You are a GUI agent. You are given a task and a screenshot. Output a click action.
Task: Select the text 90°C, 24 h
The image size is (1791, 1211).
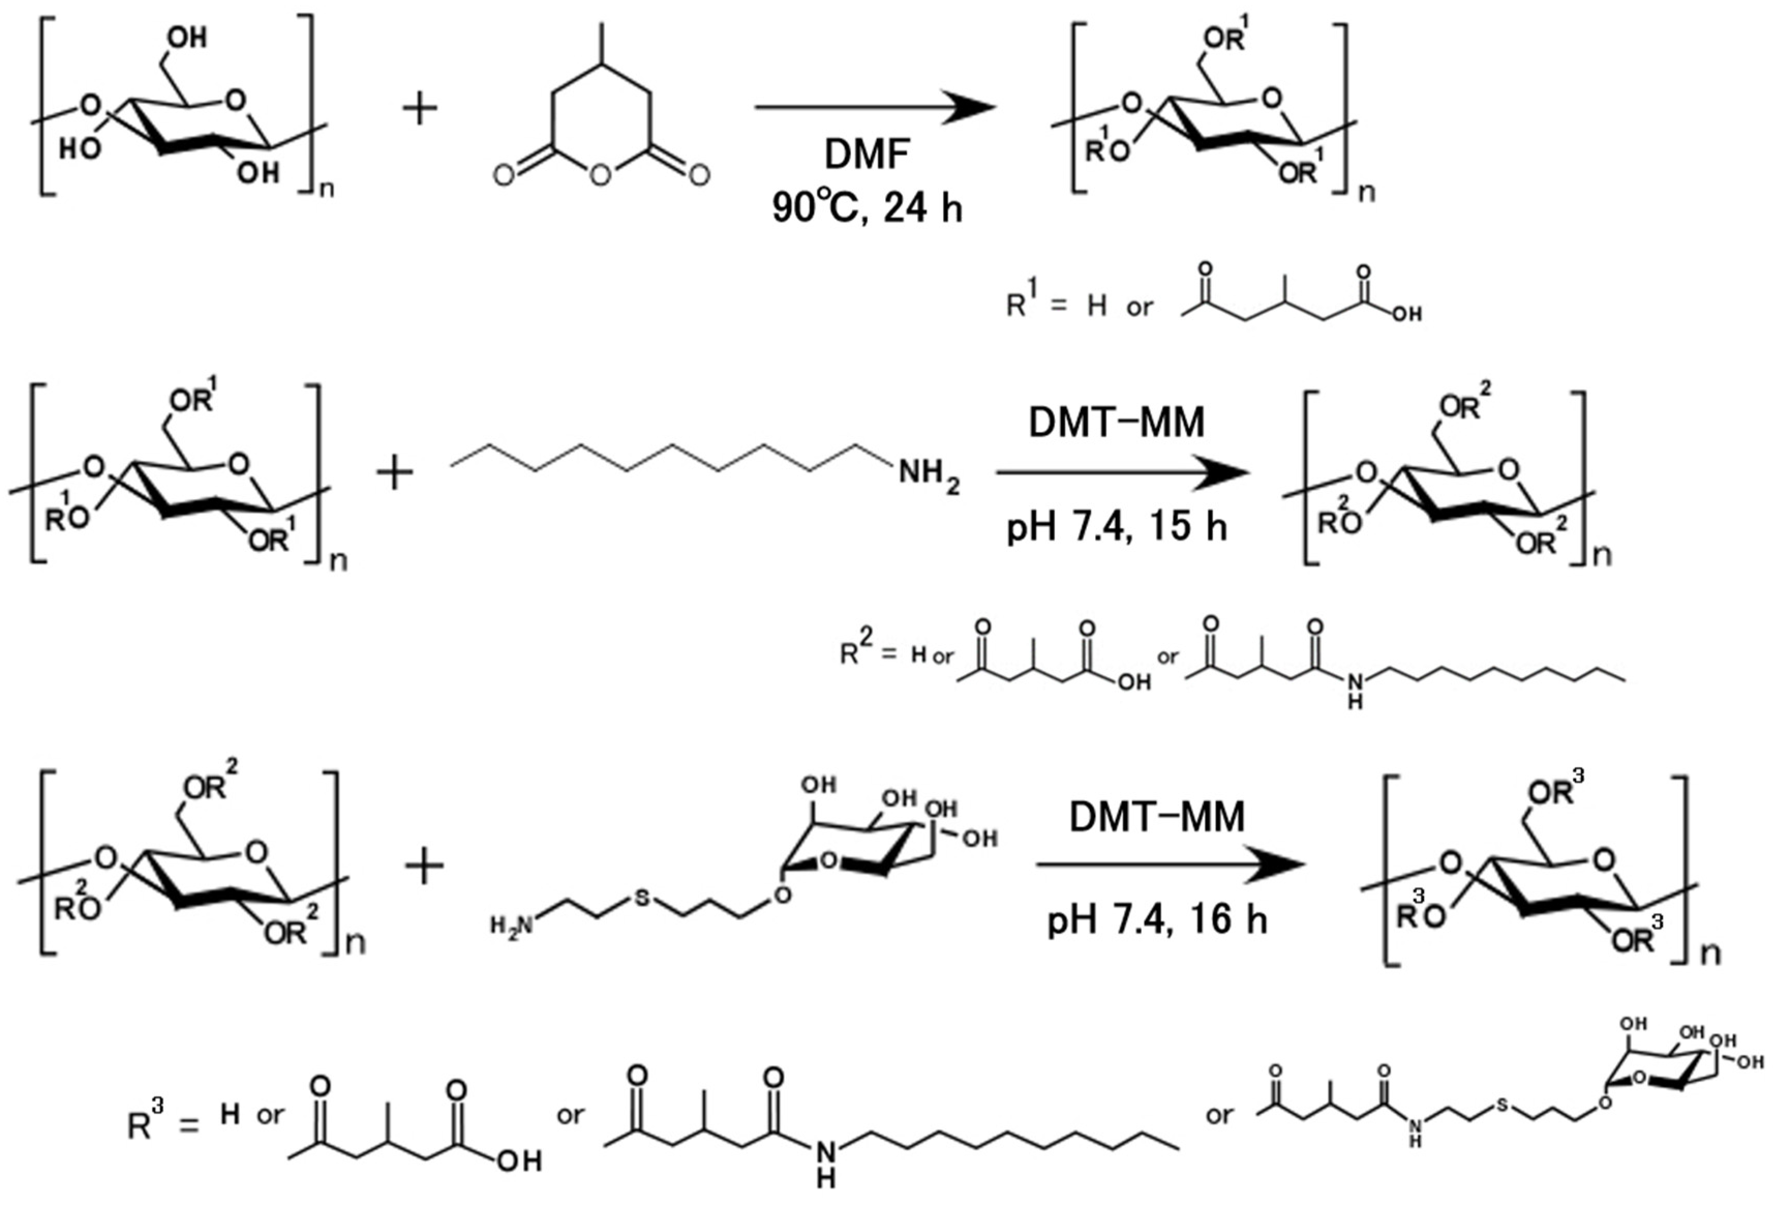(x=867, y=207)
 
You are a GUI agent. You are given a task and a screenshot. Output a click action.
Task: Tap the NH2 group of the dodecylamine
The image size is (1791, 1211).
(x=929, y=472)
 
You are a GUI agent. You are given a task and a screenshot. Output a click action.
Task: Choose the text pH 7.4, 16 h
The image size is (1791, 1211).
(x=1157, y=920)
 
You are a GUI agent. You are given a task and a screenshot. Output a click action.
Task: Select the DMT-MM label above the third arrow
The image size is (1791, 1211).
(x=1157, y=817)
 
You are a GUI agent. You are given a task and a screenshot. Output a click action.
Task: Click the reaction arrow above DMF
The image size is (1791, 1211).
(x=875, y=108)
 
